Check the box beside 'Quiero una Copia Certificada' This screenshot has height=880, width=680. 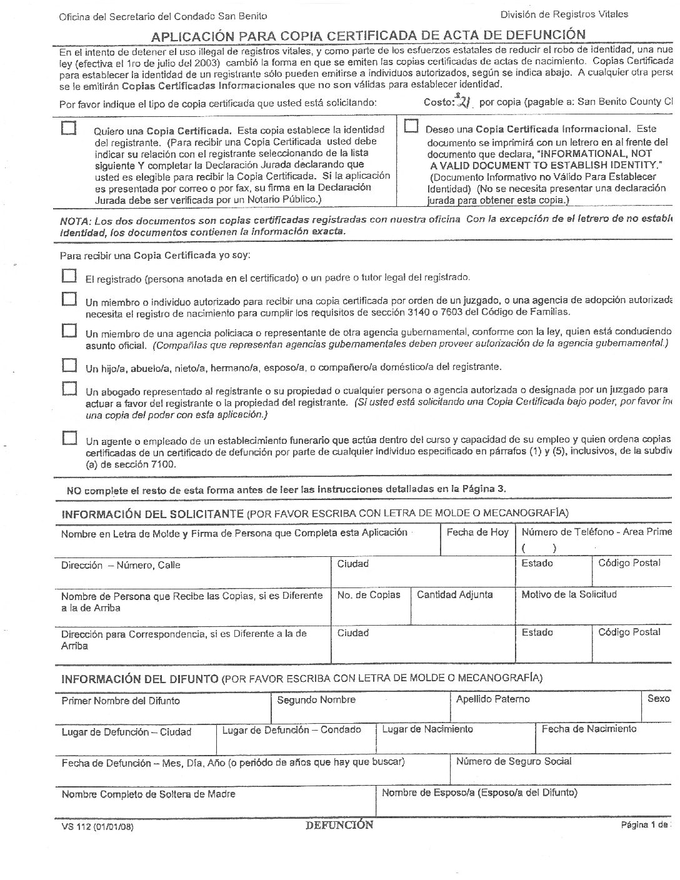click(x=69, y=128)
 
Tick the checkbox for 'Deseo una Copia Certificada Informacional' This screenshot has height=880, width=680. click(x=411, y=126)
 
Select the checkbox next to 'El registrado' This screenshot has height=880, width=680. click(x=69, y=276)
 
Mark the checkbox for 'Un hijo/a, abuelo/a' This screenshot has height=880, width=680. click(x=69, y=364)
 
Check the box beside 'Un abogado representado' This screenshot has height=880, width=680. click(x=69, y=389)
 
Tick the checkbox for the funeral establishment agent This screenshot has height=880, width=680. click(x=69, y=437)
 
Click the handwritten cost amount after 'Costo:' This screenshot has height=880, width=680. click(x=464, y=101)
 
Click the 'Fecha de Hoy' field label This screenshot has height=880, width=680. click(x=477, y=532)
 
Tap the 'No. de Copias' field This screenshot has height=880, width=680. click(x=368, y=595)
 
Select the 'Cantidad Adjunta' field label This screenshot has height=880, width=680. click(x=454, y=595)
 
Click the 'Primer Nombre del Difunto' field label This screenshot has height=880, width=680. click(x=120, y=701)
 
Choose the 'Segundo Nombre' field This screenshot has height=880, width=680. click(x=316, y=700)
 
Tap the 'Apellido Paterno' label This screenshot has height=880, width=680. click(x=492, y=699)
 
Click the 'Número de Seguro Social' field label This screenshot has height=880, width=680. click(x=513, y=761)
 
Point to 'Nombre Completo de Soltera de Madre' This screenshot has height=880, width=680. click(x=148, y=794)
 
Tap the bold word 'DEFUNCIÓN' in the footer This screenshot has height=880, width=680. click(x=339, y=825)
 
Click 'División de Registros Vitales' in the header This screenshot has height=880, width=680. click(x=564, y=14)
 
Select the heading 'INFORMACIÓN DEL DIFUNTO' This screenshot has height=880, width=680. click(x=139, y=678)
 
